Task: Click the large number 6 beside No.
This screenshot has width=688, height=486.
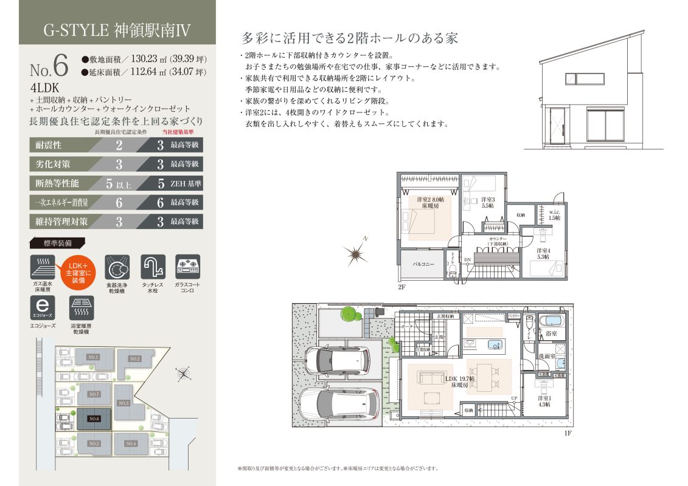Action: [x=60, y=64]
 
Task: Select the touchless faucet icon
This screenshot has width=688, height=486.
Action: [x=153, y=267]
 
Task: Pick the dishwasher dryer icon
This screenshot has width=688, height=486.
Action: [x=117, y=267]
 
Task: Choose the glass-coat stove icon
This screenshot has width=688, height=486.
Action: [x=187, y=267]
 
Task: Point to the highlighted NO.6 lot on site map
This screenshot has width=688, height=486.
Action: [x=94, y=419]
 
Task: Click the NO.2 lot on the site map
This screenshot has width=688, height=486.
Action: [x=134, y=359]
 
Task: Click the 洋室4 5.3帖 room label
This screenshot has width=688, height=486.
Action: [x=543, y=254]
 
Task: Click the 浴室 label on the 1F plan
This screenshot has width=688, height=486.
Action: [x=551, y=334]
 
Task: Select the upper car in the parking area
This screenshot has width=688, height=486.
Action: [x=336, y=360]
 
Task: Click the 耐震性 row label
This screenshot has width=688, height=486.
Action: [x=46, y=145]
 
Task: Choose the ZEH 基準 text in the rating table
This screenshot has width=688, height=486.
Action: [x=185, y=183]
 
